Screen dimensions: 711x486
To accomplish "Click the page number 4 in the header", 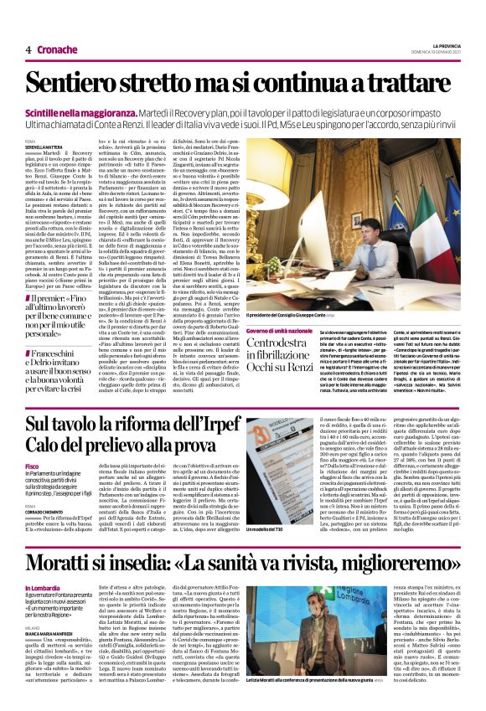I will pos(28,49).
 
